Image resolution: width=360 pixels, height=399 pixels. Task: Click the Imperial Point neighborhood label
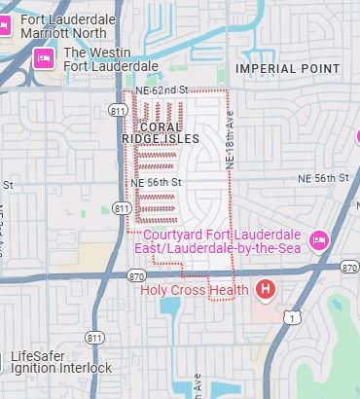(x=289, y=69)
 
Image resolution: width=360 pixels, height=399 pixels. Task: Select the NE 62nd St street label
(x=161, y=91)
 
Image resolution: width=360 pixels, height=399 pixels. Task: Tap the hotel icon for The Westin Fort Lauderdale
(x=44, y=59)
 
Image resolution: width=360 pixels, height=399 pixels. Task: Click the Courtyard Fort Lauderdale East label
(x=225, y=240)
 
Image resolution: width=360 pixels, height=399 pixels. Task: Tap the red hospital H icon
(x=266, y=289)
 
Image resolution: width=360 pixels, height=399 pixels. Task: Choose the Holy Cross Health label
(x=195, y=289)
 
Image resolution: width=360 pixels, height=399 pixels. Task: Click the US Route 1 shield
(x=289, y=317)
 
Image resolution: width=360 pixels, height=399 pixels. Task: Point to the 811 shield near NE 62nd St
(x=119, y=111)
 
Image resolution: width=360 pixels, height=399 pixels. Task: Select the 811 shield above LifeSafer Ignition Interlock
(x=94, y=337)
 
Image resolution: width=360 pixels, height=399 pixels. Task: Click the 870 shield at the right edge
(x=350, y=268)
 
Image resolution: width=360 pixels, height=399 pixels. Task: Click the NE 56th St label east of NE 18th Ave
(x=325, y=178)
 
